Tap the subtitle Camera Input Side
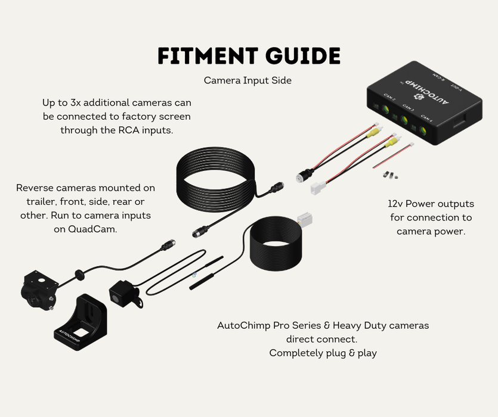pos(248,80)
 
